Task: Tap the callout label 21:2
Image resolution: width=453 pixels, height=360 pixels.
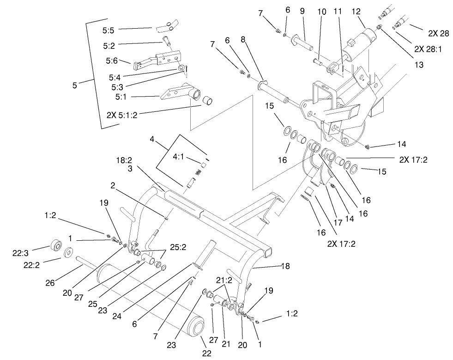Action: point(223,280)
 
